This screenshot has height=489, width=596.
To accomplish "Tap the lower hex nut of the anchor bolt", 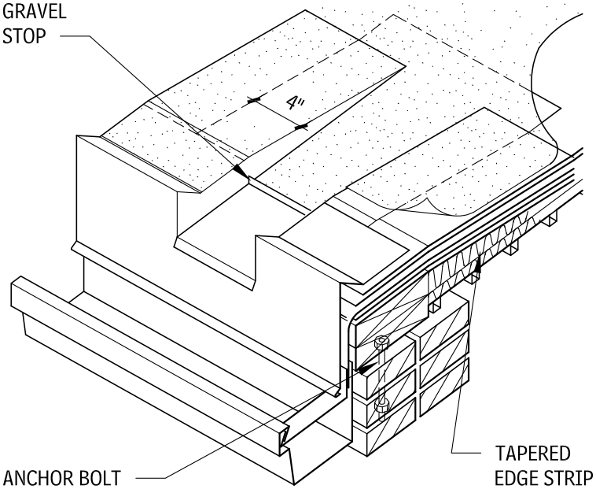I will (381, 406).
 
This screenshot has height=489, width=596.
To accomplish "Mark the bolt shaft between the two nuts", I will (381, 375).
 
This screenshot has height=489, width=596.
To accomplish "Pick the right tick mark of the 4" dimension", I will (300, 125).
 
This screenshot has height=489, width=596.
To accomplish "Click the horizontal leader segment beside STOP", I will (75, 37).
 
